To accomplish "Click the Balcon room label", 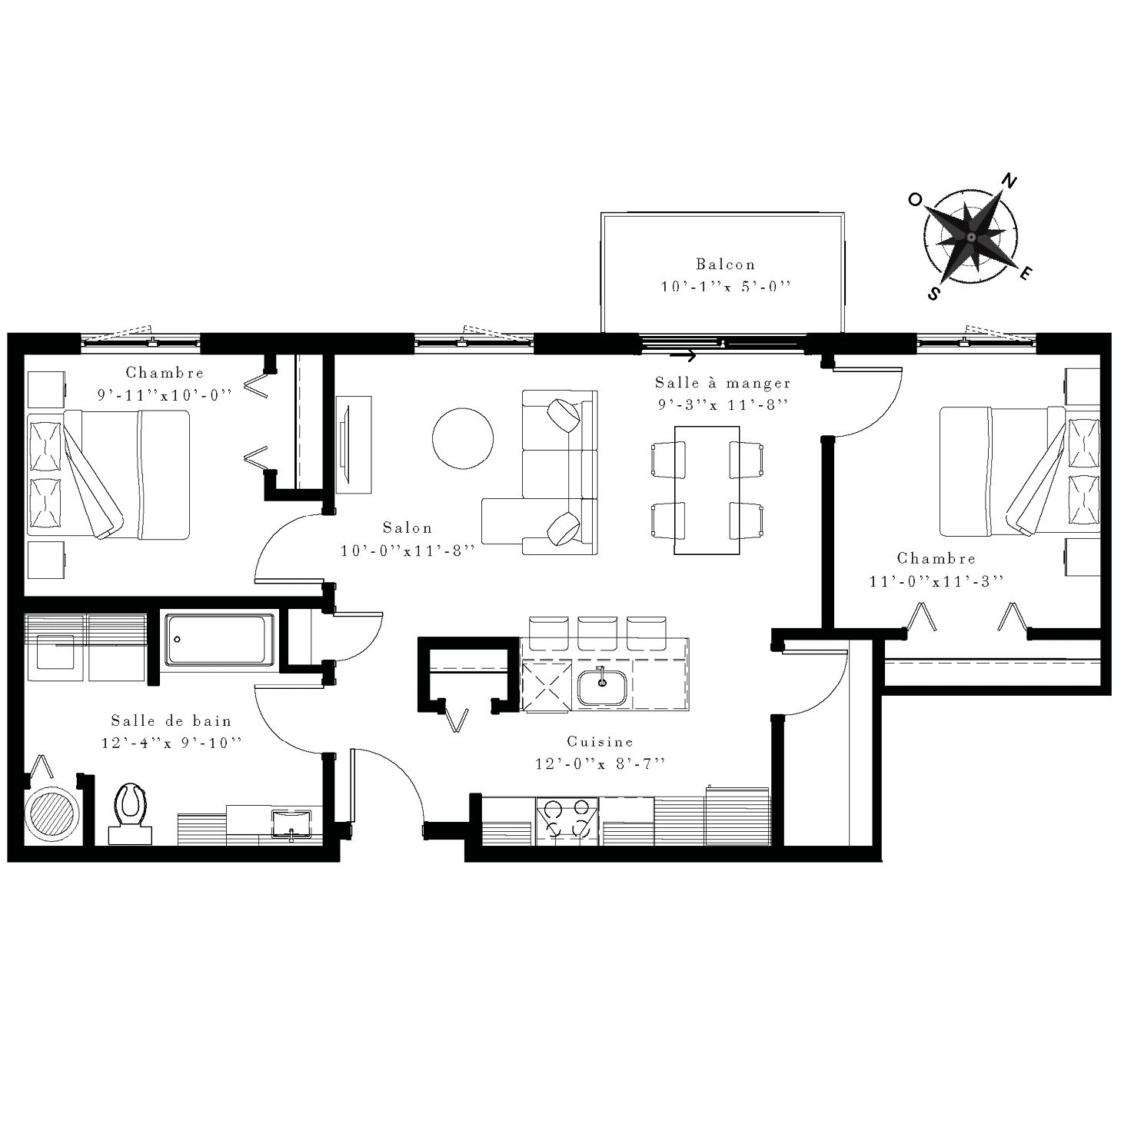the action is (726, 264).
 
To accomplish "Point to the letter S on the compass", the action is (933, 293).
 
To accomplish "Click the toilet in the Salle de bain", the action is (130, 813).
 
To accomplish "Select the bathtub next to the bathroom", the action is (219, 640).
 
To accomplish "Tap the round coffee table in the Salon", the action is (463, 438).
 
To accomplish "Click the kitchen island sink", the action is (602, 687).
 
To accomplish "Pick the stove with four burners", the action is (567, 821).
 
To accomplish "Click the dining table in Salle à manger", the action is (707, 490).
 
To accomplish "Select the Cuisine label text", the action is (600, 741).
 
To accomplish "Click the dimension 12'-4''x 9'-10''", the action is (171, 743).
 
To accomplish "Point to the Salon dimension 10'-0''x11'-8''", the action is (407, 550).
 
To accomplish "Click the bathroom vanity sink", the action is (291, 823).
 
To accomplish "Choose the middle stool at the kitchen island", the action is (597, 633).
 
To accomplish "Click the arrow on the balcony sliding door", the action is (683, 354).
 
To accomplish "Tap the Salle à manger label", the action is (723, 383).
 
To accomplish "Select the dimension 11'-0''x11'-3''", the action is (936, 581).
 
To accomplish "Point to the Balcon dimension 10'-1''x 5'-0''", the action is (726, 287).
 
